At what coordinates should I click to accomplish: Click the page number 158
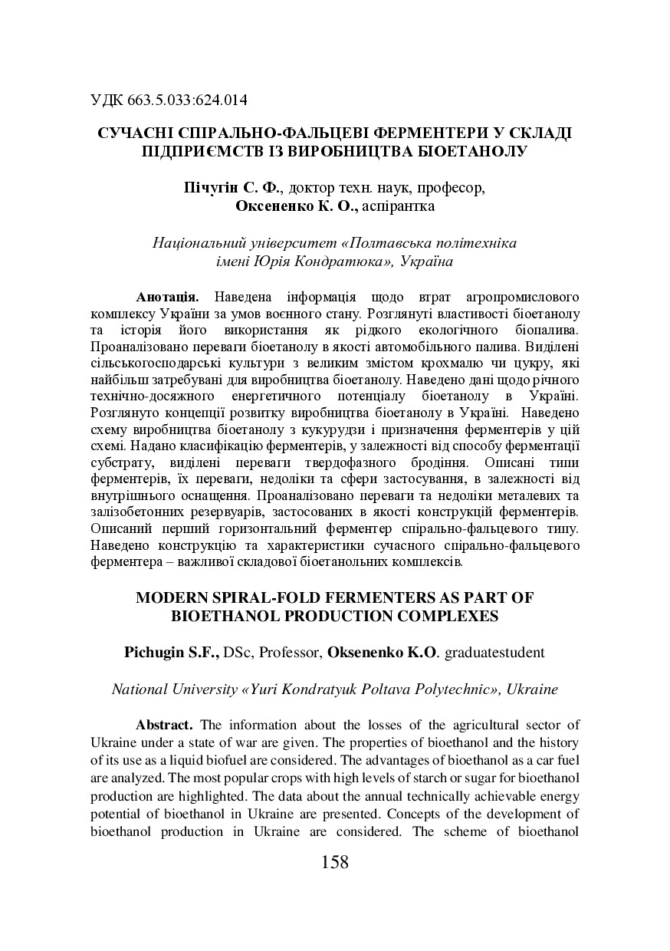pyautogui.click(x=335, y=862)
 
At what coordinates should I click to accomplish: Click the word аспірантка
pyautogui.click(x=399, y=206)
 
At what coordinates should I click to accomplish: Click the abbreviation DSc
pyautogui.click(x=239, y=653)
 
